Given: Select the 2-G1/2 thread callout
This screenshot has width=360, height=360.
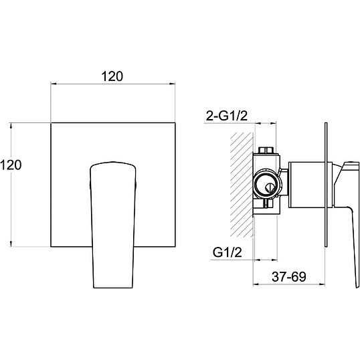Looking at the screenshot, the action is point(227,116).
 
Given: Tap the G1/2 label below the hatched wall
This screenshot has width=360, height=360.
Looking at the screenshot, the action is point(228,252).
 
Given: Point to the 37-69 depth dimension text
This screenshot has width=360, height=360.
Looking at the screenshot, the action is point(289,276).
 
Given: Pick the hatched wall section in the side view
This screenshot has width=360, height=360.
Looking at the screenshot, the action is point(242,185).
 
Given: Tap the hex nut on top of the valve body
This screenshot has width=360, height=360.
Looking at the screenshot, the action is point(266,150).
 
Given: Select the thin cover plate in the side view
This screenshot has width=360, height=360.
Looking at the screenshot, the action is point(326,185).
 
